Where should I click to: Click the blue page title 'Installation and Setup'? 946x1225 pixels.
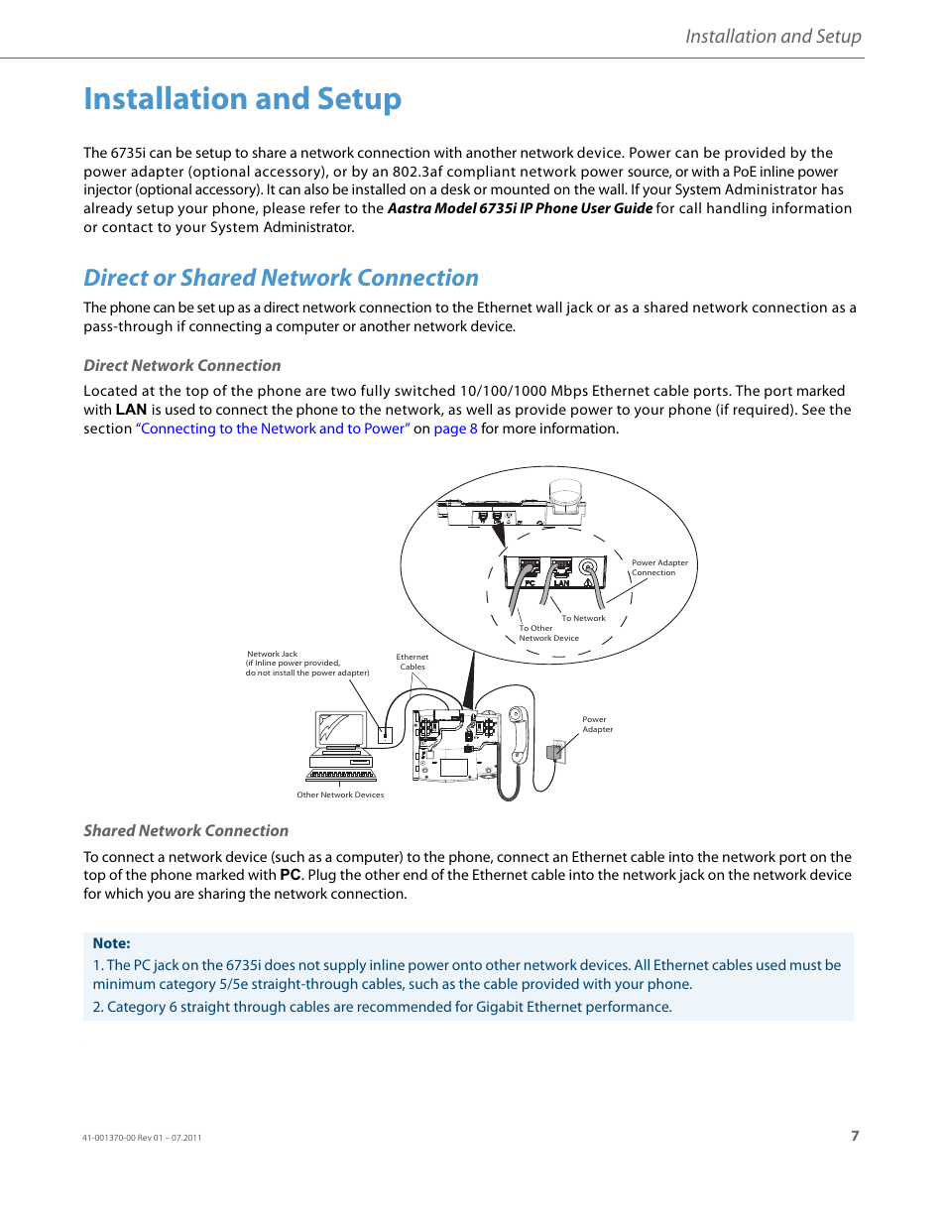[x=242, y=99]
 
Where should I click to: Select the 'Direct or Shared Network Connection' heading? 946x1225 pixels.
[x=281, y=278]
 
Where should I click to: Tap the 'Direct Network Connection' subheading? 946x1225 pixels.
[x=181, y=366]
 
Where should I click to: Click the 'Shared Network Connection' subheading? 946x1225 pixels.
[x=185, y=831]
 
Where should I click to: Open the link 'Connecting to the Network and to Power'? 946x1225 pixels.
[x=273, y=429]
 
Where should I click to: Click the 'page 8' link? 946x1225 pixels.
[x=455, y=429]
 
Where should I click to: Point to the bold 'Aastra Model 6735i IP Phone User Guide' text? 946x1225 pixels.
[x=520, y=208]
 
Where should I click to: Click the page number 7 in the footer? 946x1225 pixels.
[x=855, y=1136]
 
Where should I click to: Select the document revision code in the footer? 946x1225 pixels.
[x=142, y=1138]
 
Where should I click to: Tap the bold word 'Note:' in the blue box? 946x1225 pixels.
[x=111, y=943]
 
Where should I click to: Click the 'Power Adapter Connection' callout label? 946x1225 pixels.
[x=658, y=567]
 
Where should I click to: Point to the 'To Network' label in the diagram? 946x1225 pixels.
[x=583, y=618]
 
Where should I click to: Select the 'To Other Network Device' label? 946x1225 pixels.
[x=548, y=633]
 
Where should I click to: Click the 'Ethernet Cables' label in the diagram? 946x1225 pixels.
[x=413, y=662]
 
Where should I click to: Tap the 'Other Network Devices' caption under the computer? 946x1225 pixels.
[x=340, y=795]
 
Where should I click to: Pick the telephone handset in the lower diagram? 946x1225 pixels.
[x=517, y=734]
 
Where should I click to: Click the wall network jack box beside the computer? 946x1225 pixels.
[x=385, y=735]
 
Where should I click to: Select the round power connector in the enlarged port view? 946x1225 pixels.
[x=588, y=568]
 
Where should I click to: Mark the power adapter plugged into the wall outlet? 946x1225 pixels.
[x=556, y=752]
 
